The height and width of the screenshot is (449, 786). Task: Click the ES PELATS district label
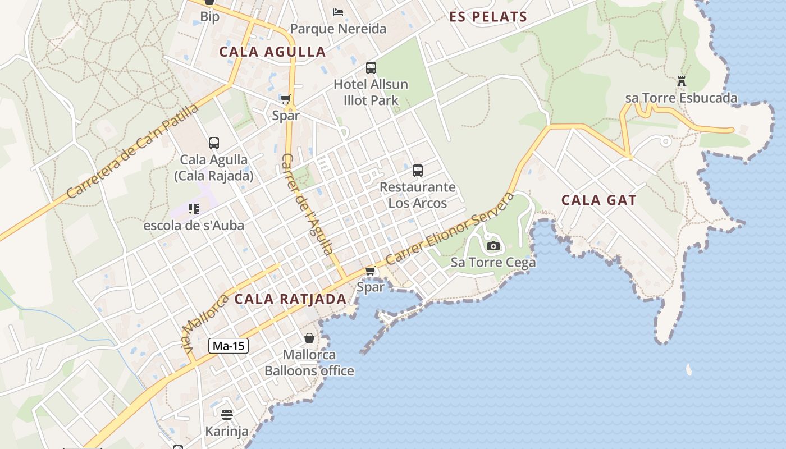pyautogui.click(x=488, y=17)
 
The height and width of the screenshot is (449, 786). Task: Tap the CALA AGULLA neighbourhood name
pyautogui.click(x=272, y=52)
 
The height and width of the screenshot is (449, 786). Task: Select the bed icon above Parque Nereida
pyautogui.click(x=338, y=12)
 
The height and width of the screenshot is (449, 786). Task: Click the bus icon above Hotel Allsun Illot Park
pyautogui.click(x=371, y=68)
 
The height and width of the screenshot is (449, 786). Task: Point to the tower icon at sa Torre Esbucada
pyautogui.click(x=682, y=81)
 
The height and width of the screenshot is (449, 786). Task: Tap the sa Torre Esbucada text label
pyautogui.click(x=681, y=98)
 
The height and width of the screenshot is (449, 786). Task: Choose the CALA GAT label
pyautogui.click(x=599, y=200)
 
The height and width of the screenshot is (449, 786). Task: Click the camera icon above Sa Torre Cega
pyautogui.click(x=493, y=246)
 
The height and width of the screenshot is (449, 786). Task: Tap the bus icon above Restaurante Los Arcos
pyautogui.click(x=417, y=171)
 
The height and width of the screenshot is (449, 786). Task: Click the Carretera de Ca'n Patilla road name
pyautogui.click(x=132, y=151)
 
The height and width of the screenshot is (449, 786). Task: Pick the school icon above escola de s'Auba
pyautogui.click(x=194, y=209)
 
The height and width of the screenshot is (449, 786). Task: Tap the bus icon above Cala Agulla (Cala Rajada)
pyautogui.click(x=213, y=143)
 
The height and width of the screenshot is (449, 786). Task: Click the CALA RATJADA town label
pyautogui.click(x=290, y=299)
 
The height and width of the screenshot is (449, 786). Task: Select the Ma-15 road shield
pyautogui.click(x=229, y=346)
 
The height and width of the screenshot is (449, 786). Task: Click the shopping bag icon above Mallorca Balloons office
pyautogui.click(x=309, y=338)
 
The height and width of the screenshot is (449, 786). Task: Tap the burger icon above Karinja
pyautogui.click(x=227, y=415)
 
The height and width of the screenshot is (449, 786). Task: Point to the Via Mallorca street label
pyautogui.click(x=205, y=322)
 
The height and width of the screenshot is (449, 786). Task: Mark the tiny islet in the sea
pyautogui.click(x=688, y=369)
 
